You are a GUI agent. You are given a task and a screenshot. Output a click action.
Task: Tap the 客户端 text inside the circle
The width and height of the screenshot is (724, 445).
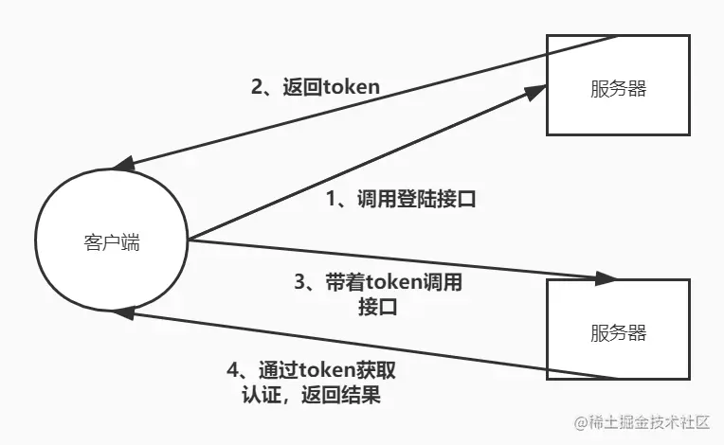click(111, 242)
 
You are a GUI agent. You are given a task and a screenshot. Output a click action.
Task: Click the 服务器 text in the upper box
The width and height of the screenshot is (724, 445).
click(618, 90)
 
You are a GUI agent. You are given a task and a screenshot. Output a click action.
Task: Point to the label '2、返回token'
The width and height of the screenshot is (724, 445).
click(316, 87)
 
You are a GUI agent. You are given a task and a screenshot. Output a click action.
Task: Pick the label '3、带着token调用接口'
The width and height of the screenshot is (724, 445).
click(378, 294)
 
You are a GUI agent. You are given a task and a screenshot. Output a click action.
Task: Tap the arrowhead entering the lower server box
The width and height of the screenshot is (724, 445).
click(608, 279)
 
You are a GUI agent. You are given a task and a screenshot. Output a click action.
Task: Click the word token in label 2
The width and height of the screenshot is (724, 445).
click(352, 87)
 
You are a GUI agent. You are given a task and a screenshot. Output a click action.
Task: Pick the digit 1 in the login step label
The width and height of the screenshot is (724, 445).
click(332, 200)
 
